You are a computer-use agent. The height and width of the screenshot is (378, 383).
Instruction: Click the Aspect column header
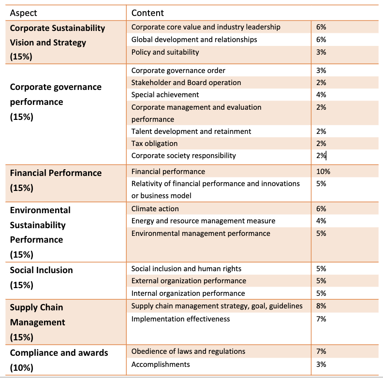click(23, 13)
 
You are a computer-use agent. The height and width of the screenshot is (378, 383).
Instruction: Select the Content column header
click(147, 13)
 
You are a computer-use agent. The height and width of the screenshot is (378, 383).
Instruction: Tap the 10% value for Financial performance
click(323, 172)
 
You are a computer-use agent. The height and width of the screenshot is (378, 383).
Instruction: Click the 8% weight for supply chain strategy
click(321, 306)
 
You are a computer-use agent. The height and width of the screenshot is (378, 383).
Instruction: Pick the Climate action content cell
click(155, 209)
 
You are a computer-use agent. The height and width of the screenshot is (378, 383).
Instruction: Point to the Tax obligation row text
click(154, 144)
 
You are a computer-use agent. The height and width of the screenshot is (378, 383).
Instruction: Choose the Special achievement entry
click(165, 95)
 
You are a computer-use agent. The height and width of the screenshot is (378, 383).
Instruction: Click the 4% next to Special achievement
click(321, 95)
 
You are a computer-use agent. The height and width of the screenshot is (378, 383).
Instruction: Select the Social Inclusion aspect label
click(41, 277)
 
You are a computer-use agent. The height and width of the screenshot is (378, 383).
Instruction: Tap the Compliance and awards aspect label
click(59, 360)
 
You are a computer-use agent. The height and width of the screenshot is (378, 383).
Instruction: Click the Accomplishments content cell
click(161, 364)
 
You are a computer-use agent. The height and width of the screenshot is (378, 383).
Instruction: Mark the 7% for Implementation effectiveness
click(321, 319)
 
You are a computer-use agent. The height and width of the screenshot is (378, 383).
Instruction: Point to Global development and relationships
click(194, 40)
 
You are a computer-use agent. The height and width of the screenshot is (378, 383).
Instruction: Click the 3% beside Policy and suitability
click(321, 52)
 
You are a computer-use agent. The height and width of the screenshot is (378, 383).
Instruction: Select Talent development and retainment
click(191, 131)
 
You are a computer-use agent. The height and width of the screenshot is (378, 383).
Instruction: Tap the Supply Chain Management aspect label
click(37, 322)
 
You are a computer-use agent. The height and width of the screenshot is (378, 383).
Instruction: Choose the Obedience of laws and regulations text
click(188, 351)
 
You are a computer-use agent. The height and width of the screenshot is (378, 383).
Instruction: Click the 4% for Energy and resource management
click(321, 221)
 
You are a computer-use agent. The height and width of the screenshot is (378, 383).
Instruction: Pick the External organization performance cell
click(189, 281)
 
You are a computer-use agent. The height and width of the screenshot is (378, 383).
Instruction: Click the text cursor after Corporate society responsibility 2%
click(326, 156)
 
